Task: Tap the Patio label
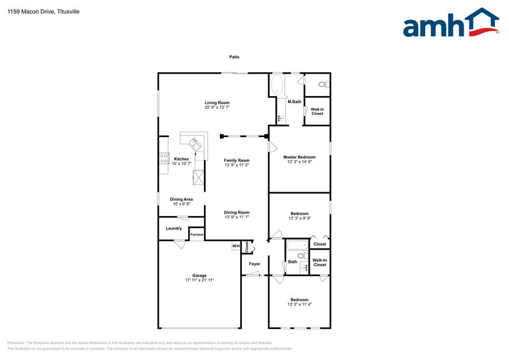point(234,57)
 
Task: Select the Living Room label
point(217,103)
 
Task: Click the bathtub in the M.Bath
point(276,85)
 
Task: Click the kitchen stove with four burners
point(164,159)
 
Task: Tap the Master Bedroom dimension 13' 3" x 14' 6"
point(300,162)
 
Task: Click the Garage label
point(199,276)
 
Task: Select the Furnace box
point(197,234)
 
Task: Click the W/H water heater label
point(236,246)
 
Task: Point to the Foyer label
point(254,264)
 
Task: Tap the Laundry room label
point(173,228)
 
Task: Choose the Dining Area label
point(181,199)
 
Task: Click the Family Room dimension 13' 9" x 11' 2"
point(236,165)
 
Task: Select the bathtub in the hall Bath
point(297,246)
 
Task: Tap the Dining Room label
point(236,212)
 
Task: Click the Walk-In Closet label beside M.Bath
point(317,111)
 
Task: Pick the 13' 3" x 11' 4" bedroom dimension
point(300,304)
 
